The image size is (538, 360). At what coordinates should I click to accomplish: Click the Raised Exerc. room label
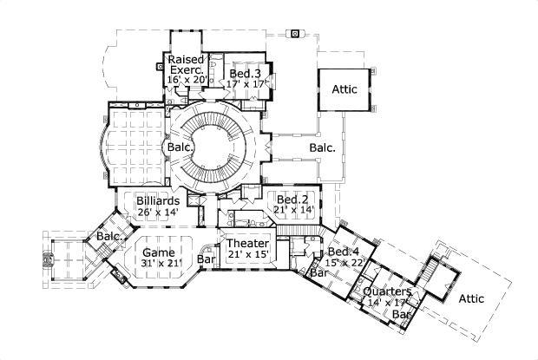[x=186, y=64]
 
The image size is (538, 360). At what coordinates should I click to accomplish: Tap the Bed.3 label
[x=246, y=75]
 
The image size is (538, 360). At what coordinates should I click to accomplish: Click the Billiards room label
[x=158, y=200]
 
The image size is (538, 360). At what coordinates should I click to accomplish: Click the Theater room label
[x=248, y=244]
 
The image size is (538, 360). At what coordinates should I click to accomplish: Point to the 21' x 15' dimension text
[x=248, y=254]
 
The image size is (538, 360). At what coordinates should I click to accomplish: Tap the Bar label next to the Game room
[x=207, y=259]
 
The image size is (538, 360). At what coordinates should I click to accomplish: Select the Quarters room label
[x=384, y=292]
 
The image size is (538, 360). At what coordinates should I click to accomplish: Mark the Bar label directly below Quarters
[x=401, y=313]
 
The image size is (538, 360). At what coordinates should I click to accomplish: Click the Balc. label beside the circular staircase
[x=177, y=147]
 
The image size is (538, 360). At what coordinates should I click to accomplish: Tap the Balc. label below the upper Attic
[x=323, y=147]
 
